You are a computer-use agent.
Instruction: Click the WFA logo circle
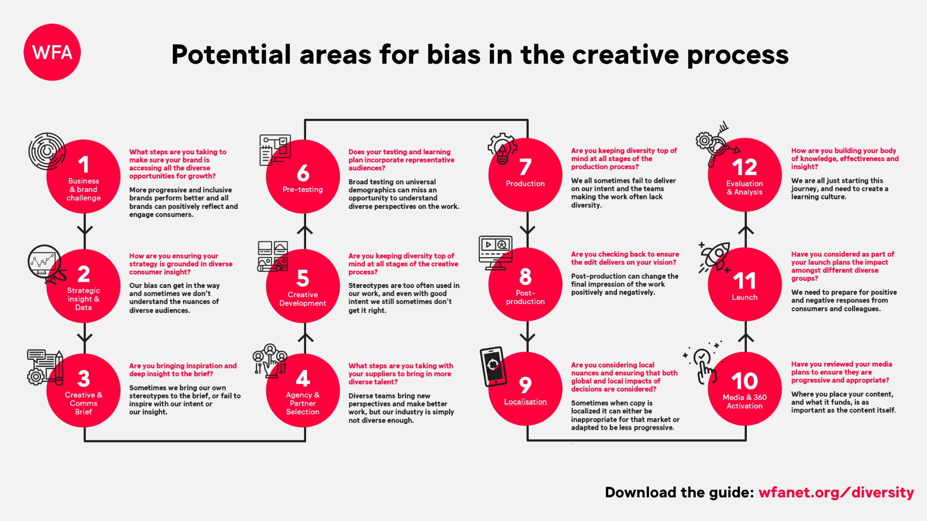(x=52, y=52)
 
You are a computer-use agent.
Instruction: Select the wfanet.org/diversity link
(x=836, y=493)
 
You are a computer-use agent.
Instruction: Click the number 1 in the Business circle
(x=84, y=165)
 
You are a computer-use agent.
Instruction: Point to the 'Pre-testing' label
(x=303, y=190)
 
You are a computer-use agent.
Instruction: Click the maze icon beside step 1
(x=47, y=151)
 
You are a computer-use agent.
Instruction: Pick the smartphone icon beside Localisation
(x=493, y=367)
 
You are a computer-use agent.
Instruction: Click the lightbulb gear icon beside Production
(x=502, y=149)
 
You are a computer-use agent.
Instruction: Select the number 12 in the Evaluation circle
(x=744, y=167)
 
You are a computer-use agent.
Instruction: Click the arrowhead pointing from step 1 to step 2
(x=84, y=230)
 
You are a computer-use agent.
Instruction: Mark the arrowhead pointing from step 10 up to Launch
(x=746, y=337)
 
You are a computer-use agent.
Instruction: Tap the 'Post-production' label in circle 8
(x=525, y=297)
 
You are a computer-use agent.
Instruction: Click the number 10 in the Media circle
(x=744, y=381)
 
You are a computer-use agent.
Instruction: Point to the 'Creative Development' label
(x=303, y=299)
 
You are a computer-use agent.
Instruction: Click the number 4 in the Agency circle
(x=303, y=378)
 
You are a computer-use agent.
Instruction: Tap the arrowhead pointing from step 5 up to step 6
(x=305, y=230)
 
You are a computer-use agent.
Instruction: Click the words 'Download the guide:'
(x=679, y=493)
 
